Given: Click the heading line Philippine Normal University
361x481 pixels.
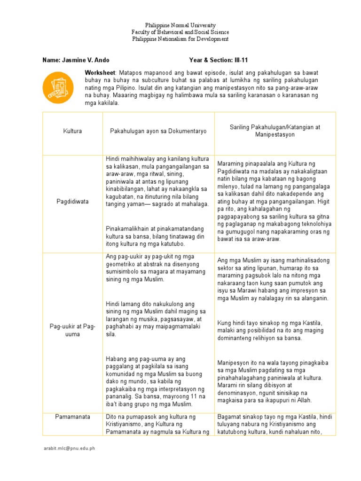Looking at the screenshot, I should [180, 25].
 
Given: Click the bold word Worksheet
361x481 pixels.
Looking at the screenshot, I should [100, 73].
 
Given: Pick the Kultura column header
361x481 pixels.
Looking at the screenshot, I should [72, 131].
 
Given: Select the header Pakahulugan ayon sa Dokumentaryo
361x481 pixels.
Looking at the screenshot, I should [158, 132].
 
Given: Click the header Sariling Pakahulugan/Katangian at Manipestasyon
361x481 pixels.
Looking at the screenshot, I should [275, 131].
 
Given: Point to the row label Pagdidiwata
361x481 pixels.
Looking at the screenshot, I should [72, 201].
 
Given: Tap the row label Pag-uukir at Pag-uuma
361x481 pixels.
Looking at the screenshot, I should [72, 330].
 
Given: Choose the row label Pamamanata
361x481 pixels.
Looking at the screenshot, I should [72, 417].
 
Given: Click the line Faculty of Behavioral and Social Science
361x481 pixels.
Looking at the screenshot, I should [180, 32].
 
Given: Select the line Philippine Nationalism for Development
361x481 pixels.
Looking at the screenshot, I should [180, 39].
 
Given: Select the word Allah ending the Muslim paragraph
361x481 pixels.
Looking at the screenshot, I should [304, 400].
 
